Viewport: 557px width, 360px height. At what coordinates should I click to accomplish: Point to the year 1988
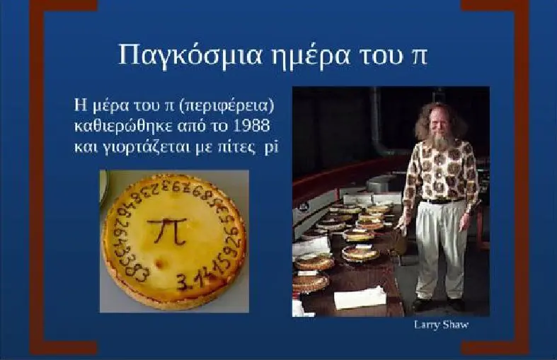(252, 126)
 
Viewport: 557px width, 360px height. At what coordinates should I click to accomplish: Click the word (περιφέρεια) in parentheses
(226, 107)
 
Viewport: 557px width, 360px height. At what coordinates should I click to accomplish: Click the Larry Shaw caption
(441, 325)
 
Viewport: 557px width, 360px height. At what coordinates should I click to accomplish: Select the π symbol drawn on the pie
(167, 231)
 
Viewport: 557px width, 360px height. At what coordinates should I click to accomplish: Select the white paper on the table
(360, 298)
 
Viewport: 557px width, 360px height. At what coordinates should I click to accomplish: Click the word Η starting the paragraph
(79, 106)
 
